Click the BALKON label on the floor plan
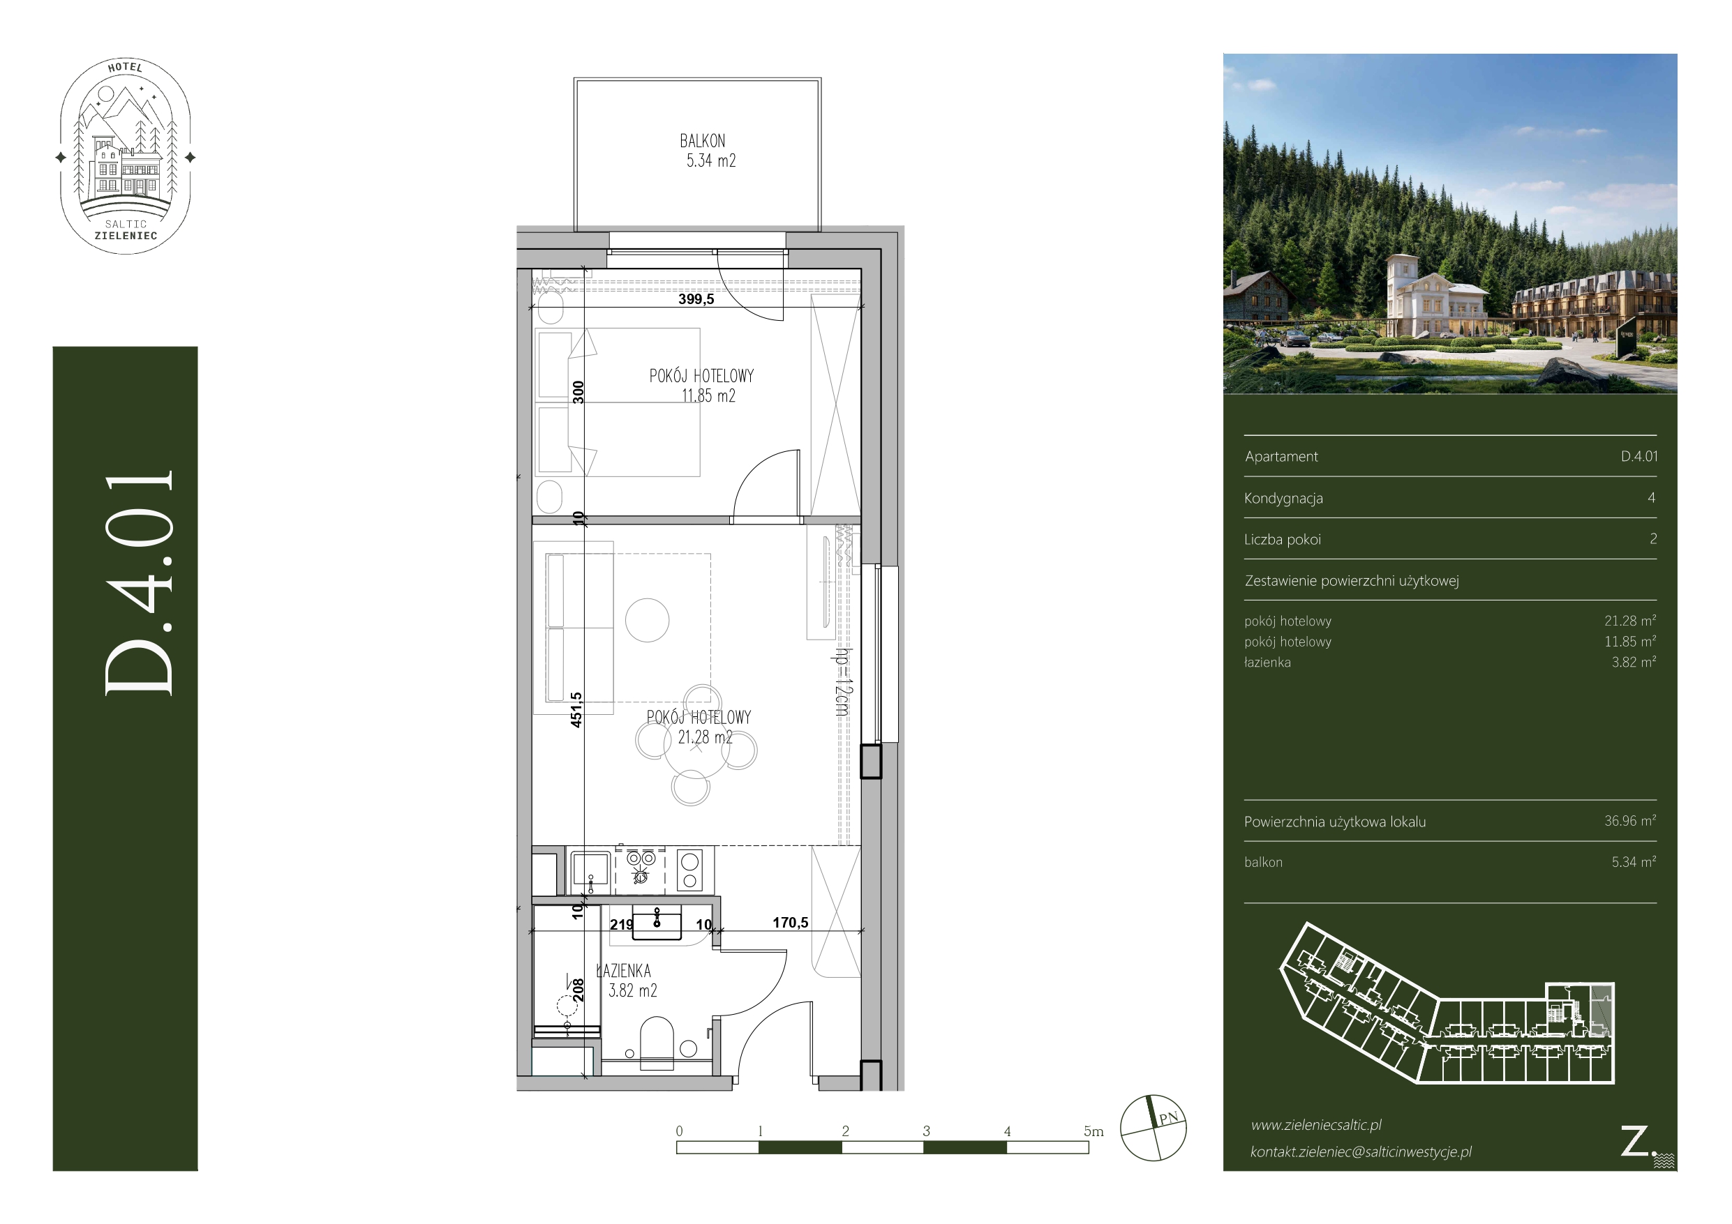point(702,141)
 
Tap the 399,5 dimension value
point(696,299)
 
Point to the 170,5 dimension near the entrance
point(790,922)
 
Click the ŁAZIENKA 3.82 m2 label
point(626,981)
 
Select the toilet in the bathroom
point(656,1043)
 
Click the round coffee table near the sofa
point(648,620)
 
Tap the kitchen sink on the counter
point(590,869)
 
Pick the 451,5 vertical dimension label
point(576,710)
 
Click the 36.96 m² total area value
point(1629,820)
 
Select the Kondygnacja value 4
point(1651,498)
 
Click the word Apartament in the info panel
point(1281,456)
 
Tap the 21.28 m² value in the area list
point(1629,621)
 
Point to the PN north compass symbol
point(1154,1128)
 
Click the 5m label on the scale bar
point(1093,1131)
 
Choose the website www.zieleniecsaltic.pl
point(1316,1124)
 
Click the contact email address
point(1361,1151)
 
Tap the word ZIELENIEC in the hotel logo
point(126,235)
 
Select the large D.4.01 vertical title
point(139,582)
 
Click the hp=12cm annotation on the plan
point(842,682)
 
